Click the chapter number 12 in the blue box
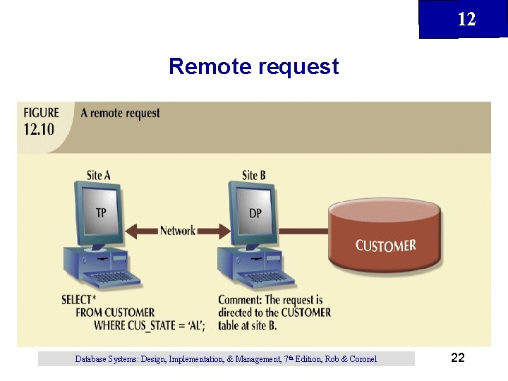466,19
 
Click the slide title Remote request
254,66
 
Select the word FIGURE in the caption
41,113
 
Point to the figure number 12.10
38,128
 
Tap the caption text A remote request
120,113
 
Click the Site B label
253,175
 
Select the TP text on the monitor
102,212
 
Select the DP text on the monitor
255,212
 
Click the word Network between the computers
178,230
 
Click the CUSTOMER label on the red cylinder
385,246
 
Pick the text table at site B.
247,325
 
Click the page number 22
457,358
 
